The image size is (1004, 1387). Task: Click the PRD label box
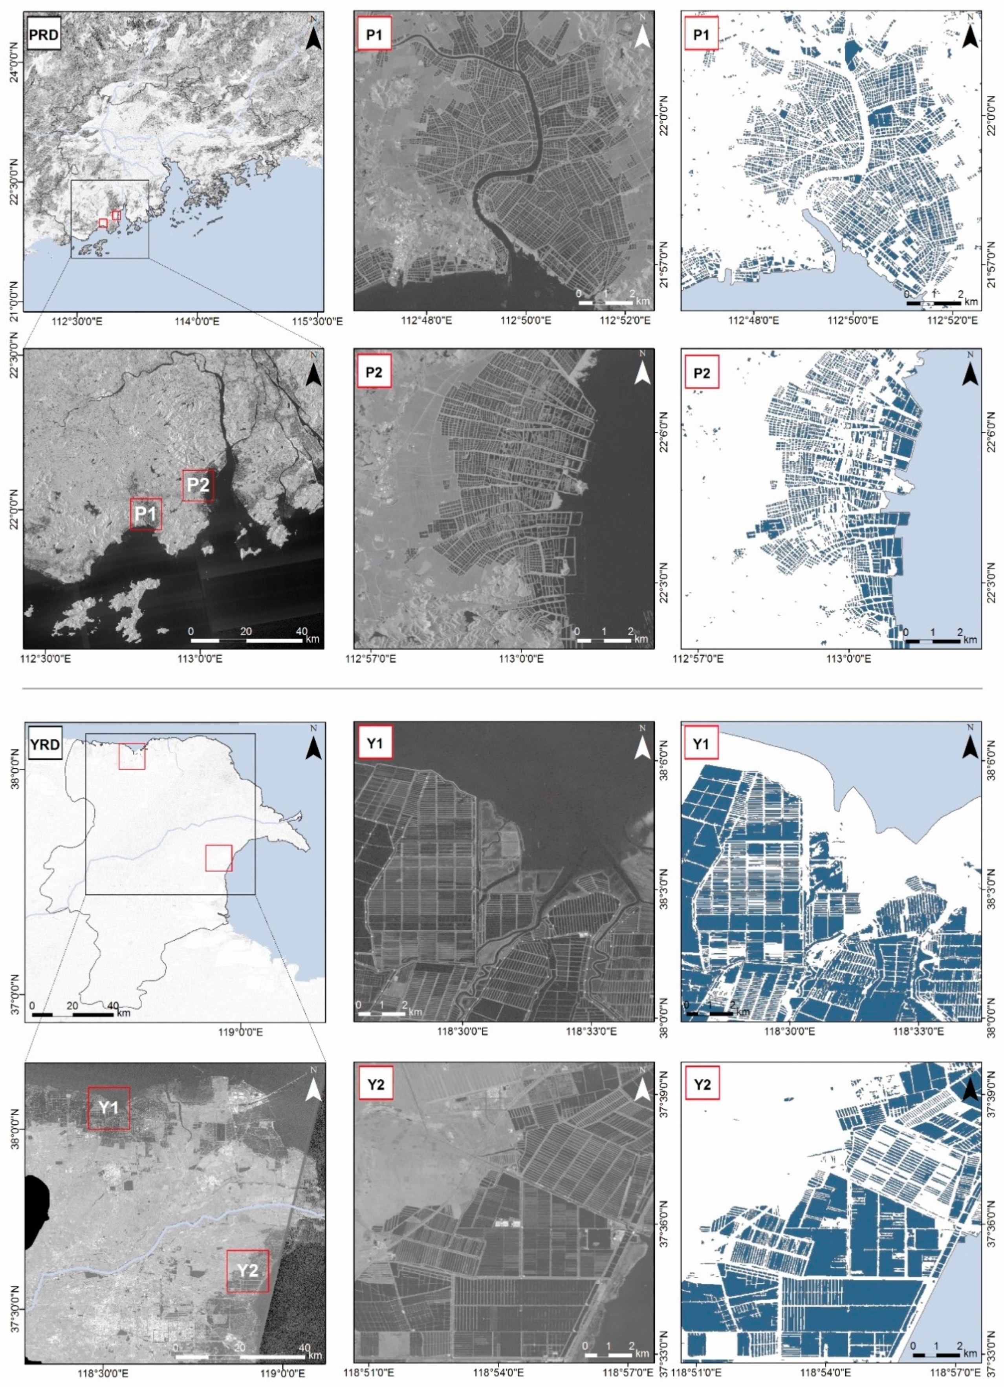click(x=44, y=35)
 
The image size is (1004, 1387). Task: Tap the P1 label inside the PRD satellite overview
click(x=146, y=514)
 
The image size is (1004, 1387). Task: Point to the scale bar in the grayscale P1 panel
click(x=605, y=299)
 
